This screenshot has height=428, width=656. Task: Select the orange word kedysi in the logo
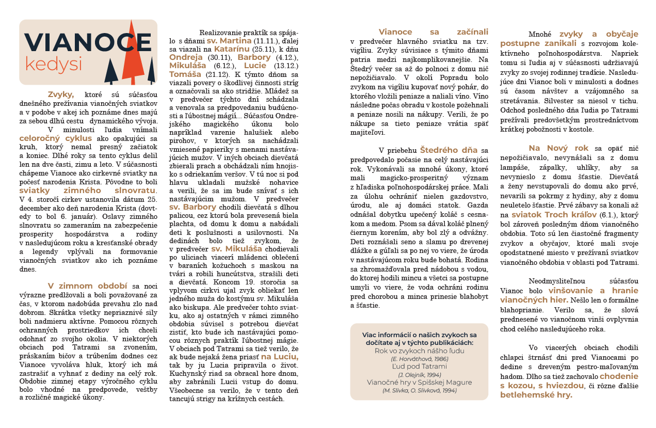click(x=54, y=65)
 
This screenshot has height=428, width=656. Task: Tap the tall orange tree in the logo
click(x=133, y=54)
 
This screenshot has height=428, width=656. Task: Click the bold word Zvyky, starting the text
click(x=61, y=94)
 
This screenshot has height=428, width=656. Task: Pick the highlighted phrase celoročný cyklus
click(x=56, y=138)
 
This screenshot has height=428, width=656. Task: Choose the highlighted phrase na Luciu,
click(x=279, y=357)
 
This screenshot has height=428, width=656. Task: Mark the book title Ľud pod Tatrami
click(x=419, y=366)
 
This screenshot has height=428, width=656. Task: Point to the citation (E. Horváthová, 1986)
click(x=419, y=358)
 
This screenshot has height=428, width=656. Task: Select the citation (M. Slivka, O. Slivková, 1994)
click(x=419, y=390)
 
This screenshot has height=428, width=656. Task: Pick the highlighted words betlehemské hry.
click(x=536, y=394)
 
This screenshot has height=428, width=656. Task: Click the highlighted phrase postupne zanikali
click(x=539, y=43)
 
